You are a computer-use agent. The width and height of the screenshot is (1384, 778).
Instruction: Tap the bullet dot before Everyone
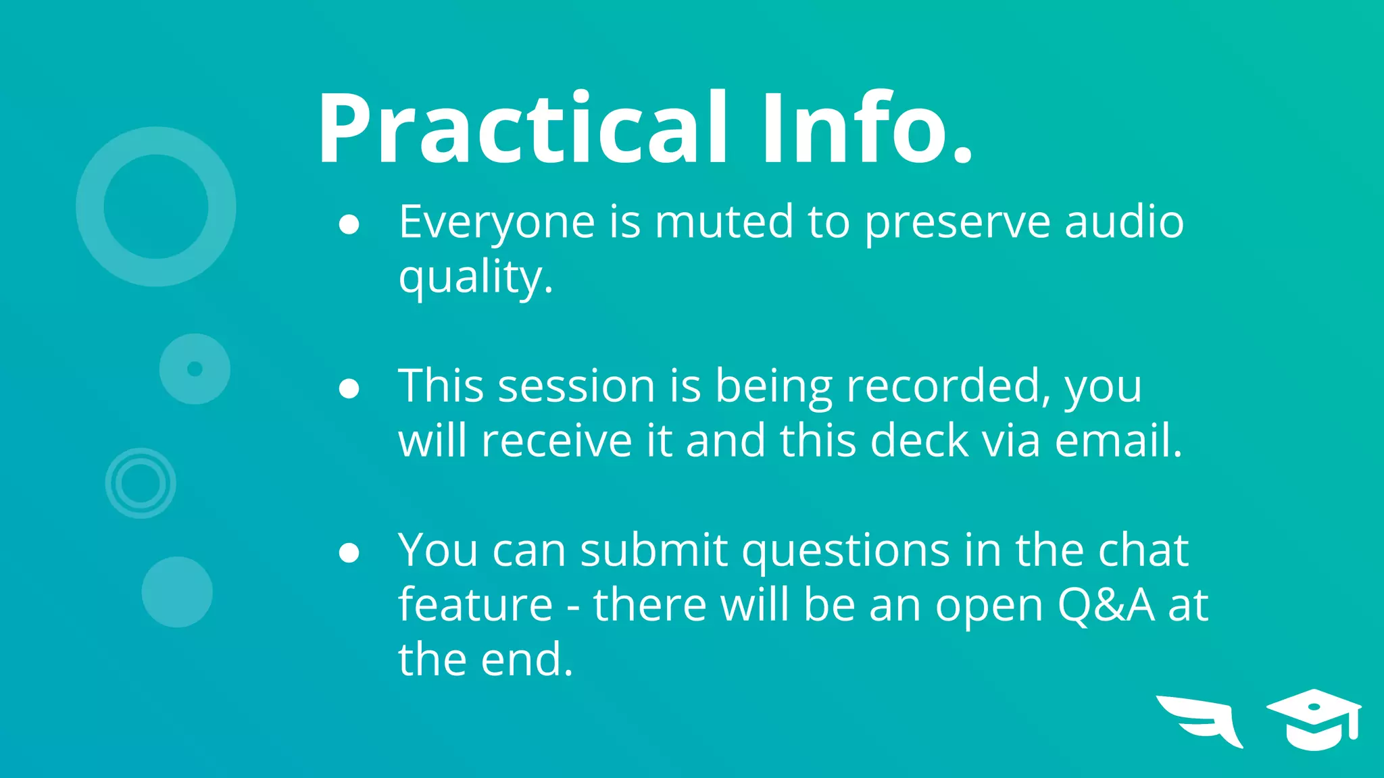pyautogui.click(x=349, y=225)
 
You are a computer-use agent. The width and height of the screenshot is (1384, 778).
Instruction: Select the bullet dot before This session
pyautogui.click(x=349, y=389)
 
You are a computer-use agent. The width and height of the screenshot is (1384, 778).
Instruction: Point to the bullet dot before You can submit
pyautogui.click(x=349, y=553)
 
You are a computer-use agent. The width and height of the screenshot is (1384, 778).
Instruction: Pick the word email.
pyautogui.click(x=1118, y=441)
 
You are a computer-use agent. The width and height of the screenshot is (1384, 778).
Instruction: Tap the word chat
pyautogui.click(x=1143, y=550)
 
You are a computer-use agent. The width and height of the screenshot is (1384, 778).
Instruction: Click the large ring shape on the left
pyautogui.click(x=89, y=207)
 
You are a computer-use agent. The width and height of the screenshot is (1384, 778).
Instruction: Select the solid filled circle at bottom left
pyautogui.click(x=177, y=592)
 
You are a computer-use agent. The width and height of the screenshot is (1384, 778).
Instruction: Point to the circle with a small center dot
pyautogui.click(x=195, y=369)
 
